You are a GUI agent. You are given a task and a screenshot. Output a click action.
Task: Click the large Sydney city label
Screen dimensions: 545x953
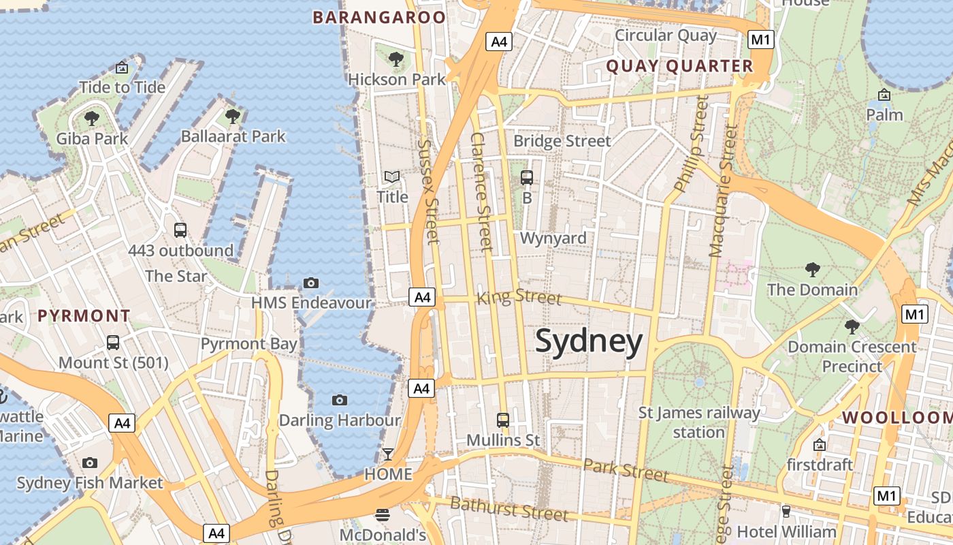(x=589, y=341)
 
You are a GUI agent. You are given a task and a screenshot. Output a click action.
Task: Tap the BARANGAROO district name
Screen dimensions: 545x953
(x=379, y=18)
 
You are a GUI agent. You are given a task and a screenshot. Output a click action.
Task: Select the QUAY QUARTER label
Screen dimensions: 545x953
(x=679, y=66)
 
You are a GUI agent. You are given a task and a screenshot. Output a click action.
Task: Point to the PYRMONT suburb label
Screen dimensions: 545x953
(x=84, y=316)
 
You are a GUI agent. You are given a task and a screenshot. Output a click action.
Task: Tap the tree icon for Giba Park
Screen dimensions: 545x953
(x=91, y=119)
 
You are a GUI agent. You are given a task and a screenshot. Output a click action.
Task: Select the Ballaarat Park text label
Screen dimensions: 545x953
(x=233, y=136)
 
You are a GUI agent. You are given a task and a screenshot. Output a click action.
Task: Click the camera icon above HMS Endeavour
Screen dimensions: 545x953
(x=311, y=283)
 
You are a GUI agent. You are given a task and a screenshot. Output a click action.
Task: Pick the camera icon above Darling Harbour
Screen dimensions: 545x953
(x=340, y=400)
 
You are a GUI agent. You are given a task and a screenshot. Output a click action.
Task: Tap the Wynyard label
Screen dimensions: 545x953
(x=553, y=238)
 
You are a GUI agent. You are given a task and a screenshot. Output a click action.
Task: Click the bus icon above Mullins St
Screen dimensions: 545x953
(x=503, y=420)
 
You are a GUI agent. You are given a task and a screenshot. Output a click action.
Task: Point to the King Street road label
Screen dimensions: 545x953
(x=519, y=297)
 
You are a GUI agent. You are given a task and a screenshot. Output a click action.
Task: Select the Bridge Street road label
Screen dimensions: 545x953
(x=562, y=141)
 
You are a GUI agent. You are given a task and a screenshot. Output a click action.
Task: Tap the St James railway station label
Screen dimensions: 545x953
(x=699, y=422)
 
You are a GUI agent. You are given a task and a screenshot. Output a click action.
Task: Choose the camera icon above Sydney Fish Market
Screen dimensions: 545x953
(x=90, y=463)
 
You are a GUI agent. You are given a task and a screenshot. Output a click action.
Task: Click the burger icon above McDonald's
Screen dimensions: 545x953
(x=383, y=514)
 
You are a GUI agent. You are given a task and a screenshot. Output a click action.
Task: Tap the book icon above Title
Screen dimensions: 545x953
(x=392, y=177)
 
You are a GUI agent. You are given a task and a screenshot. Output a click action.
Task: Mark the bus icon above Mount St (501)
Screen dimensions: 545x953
(x=113, y=343)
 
